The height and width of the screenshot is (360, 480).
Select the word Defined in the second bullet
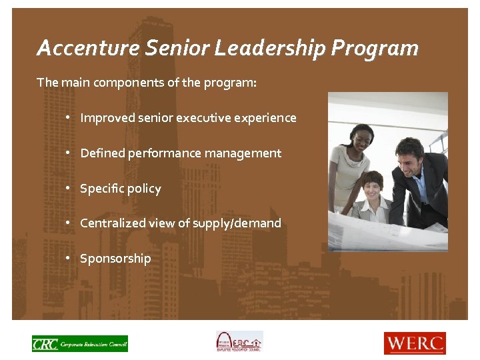point(102,153)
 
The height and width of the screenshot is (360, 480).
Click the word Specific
point(102,189)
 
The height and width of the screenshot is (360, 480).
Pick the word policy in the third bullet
point(145,189)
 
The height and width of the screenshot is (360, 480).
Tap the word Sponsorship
point(115,259)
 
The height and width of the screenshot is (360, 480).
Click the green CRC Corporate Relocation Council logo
point(79,343)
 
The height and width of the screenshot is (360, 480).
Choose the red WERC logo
point(415,343)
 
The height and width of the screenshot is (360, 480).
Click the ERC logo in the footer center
point(239,342)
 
